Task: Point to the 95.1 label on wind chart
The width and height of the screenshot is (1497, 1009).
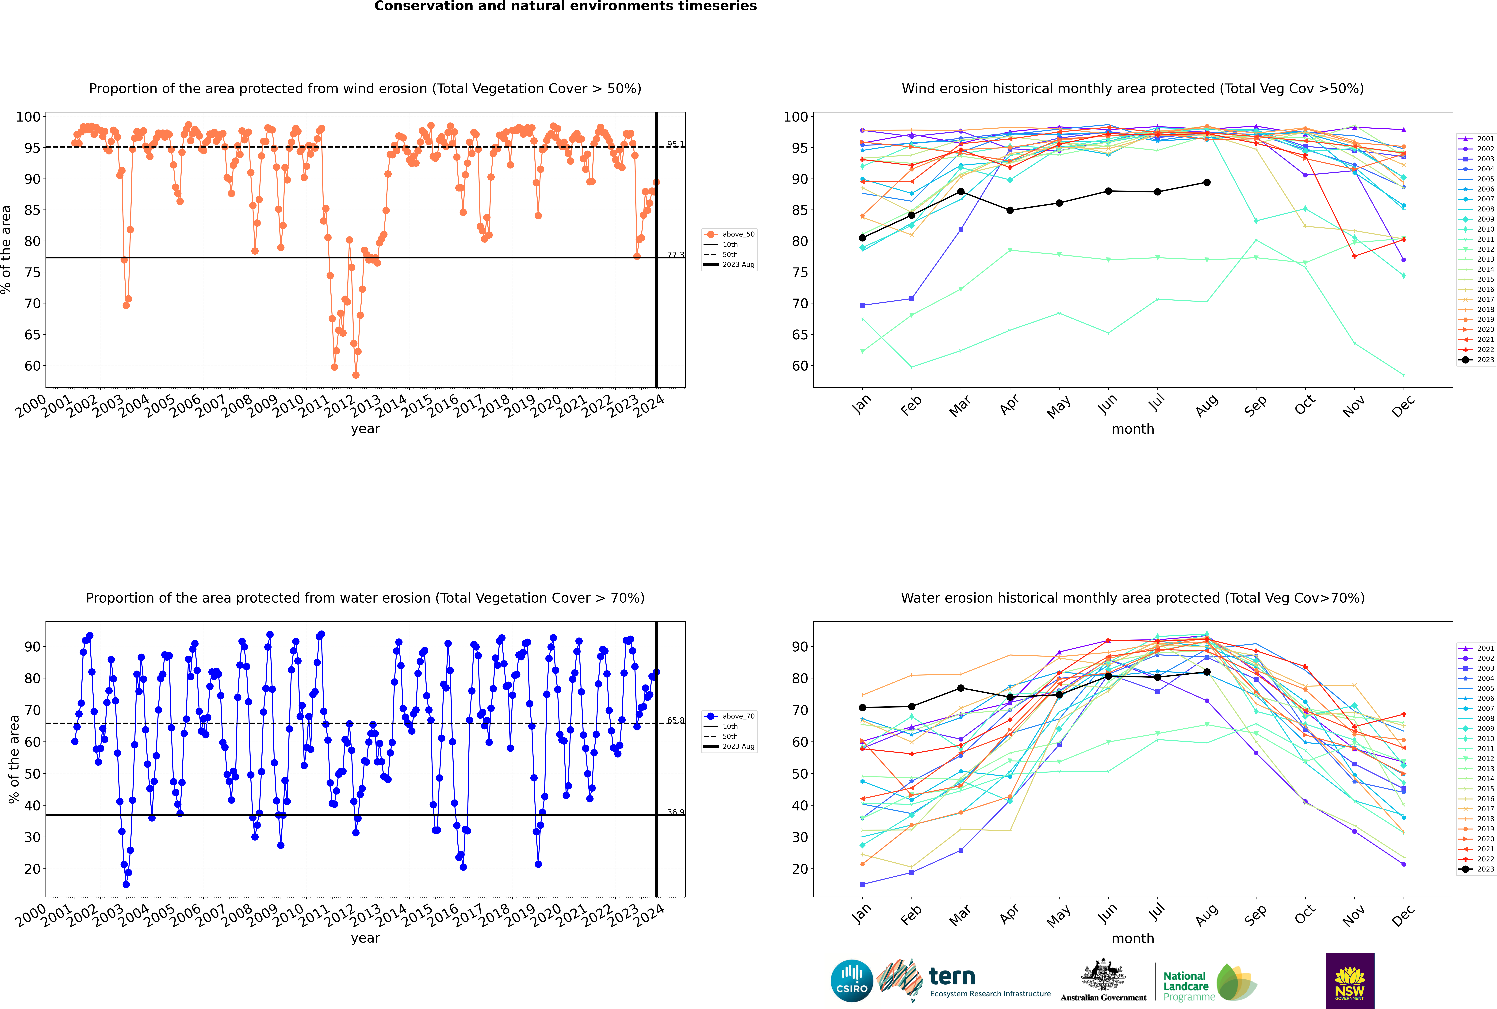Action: coord(675,144)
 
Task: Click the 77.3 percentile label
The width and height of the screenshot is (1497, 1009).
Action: coord(675,255)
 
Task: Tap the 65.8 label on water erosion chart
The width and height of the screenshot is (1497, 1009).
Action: coord(675,721)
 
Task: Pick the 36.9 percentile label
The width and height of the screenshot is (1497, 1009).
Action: coord(675,812)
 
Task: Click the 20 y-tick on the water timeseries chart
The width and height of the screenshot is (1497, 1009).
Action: coord(32,869)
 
